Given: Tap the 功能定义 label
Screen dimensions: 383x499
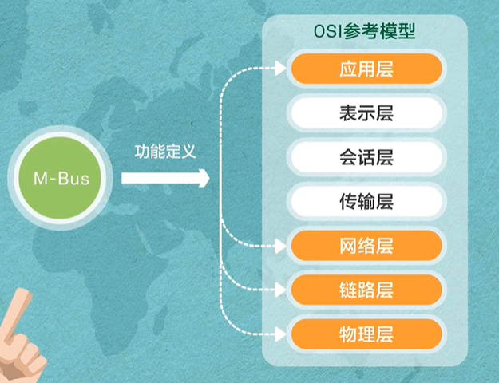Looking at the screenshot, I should click(165, 151).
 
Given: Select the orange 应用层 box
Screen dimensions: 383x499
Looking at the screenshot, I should click(366, 69).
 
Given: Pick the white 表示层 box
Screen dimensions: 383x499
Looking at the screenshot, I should click(366, 113).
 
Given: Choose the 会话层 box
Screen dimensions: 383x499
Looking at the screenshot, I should click(366, 156).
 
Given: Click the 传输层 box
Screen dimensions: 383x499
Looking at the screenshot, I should click(366, 200).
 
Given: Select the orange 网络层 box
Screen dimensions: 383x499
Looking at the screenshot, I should click(366, 245).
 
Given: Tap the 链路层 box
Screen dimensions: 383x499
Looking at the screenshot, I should click(366, 289).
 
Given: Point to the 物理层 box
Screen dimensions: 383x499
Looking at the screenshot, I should click(366, 333).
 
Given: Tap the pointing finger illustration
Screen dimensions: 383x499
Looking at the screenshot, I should click(20, 335).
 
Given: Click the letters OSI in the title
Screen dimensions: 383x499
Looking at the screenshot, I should click(329, 32).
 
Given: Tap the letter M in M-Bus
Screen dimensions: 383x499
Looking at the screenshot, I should click(39, 179).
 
